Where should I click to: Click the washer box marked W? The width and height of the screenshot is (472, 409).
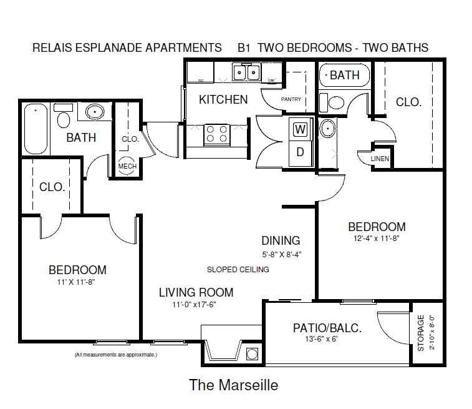click(x=301, y=130)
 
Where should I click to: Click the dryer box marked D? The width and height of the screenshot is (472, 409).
click(x=300, y=151)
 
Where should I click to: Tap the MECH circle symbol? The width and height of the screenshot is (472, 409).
click(x=127, y=165)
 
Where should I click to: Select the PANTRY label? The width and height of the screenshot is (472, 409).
click(x=291, y=99)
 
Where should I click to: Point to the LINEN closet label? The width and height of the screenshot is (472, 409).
click(x=380, y=159)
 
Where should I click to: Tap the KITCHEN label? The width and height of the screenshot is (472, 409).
click(x=223, y=99)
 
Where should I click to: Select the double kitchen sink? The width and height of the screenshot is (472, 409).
click(x=246, y=73)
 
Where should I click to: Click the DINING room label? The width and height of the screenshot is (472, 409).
click(x=281, y=240)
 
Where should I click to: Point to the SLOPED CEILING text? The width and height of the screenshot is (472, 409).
click(x=238, y=270)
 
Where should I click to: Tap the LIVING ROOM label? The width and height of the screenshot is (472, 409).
click(x=196, y=292)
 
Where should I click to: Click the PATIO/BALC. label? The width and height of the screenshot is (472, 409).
click(x=327, y=328)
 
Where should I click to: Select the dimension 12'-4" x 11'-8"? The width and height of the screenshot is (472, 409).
click(x=377, y=238)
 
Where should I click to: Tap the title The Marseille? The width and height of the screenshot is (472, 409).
click(x=234, y=385)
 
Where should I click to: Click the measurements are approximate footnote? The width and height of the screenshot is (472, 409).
click(x=115, y=355)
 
